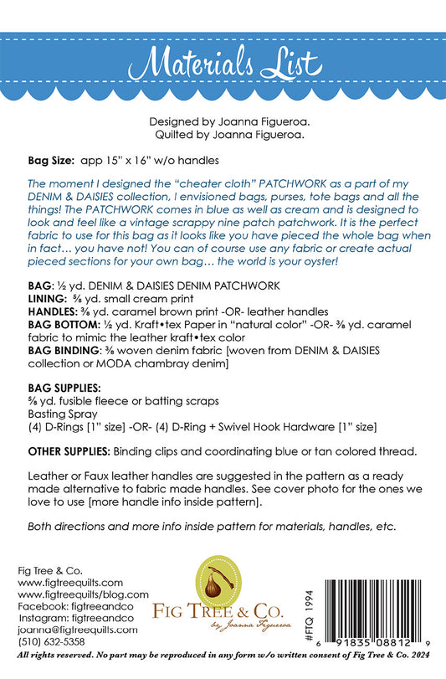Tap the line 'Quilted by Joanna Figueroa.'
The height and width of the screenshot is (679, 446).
tap(223, 132)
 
